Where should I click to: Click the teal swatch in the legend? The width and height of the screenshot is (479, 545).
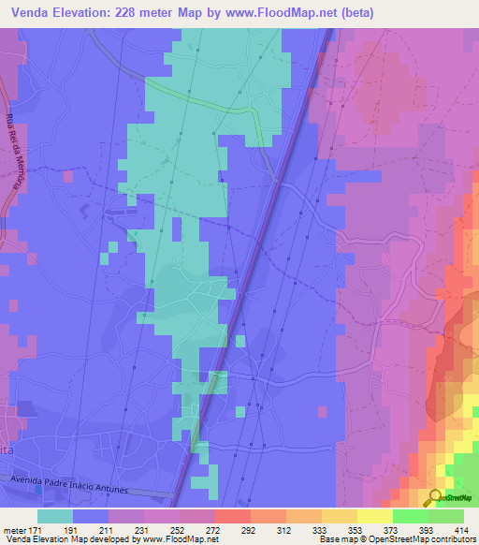click(x=55, y=516)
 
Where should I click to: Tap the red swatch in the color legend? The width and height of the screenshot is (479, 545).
click(x=233, y=516)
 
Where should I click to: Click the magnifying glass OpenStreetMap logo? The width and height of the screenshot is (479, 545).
click(x=435, y=497)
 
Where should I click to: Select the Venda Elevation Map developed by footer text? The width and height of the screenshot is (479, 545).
click(x=70, y=539)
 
